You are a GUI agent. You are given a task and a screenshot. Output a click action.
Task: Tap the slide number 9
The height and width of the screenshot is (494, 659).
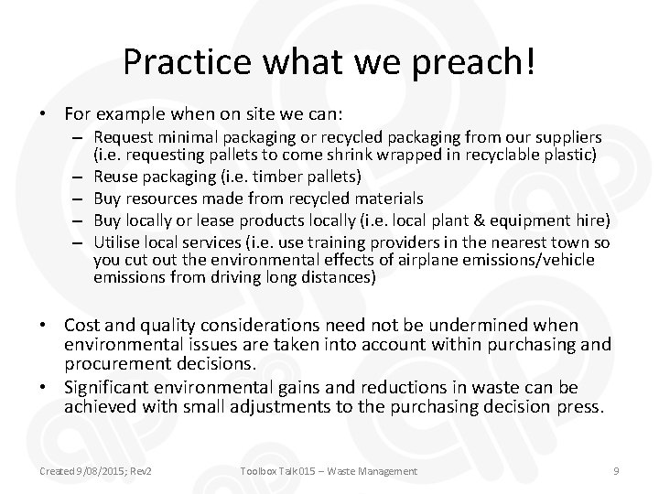[x=617, y=470]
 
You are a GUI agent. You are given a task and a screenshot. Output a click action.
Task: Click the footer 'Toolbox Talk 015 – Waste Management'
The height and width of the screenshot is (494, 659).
[x=329, y=470]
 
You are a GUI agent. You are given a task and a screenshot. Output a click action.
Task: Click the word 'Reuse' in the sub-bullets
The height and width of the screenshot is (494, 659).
[x=115, y=176]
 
